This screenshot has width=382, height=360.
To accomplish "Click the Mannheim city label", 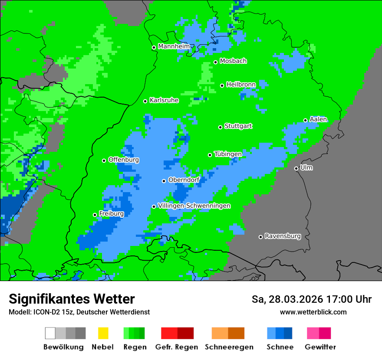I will coord(174,46).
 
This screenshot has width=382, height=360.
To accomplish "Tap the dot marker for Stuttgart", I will coord(221,127).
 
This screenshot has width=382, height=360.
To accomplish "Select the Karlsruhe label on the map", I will coord(164,100).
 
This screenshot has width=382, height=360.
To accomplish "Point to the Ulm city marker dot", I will coord(296,168).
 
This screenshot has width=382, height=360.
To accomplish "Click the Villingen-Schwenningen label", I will coord(194,206).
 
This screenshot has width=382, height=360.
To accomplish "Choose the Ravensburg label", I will coord(283,236).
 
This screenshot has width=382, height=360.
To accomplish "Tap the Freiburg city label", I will coord(111,214).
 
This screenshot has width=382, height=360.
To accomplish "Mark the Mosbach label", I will coord(233,61).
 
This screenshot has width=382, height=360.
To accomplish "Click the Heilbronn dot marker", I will coord(222,85).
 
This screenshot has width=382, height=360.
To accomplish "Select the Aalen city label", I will coord(318,119).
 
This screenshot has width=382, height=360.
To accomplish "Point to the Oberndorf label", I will coord(184,180).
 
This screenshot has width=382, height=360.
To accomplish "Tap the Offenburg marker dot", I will coord(104,160).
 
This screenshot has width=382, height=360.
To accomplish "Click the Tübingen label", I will coord(228,154).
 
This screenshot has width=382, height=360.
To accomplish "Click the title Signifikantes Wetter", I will coord(72,299).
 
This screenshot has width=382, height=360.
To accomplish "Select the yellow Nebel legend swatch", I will coord(103,333).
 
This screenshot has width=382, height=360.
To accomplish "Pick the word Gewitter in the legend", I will coord(320,347).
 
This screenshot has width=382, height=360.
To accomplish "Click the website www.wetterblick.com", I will coord(313,312).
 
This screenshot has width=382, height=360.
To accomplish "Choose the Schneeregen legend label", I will coord(229,347).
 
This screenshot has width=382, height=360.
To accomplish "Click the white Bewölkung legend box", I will coord(50,333).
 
